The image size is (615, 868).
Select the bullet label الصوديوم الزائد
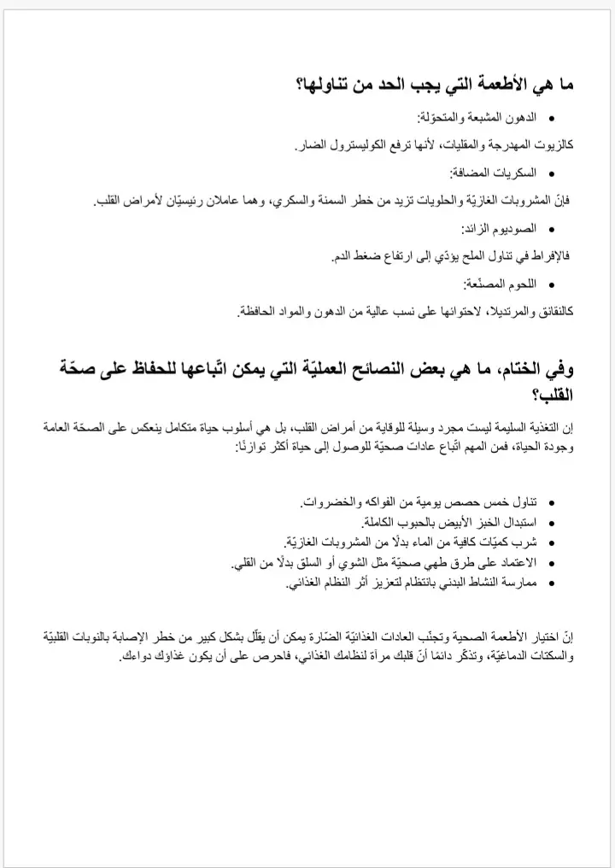pyautogui.click(x=499, y=228)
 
